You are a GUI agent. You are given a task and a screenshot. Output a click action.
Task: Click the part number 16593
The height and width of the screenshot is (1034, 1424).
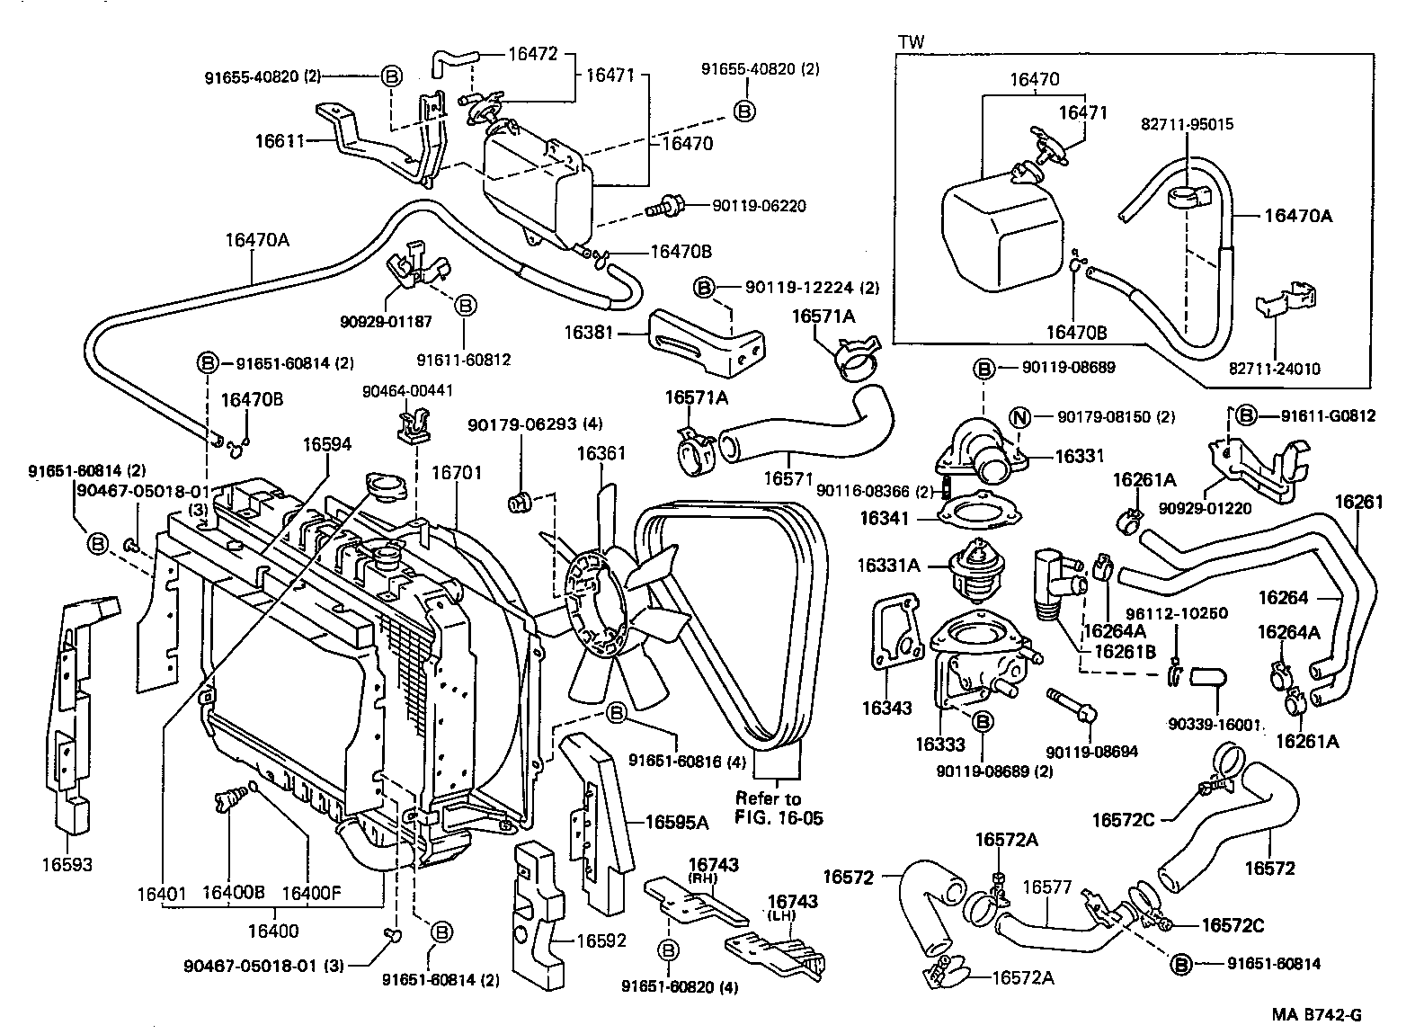click(x=67, y=865)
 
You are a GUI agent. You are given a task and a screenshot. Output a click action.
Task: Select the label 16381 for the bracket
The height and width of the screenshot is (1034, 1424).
click(x=589, y=333)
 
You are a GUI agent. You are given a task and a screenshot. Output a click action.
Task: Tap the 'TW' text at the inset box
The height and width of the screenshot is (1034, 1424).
click(x=911, y=41)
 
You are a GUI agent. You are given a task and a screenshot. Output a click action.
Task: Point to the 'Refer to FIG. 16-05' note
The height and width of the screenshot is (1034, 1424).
click(x=779, y=807)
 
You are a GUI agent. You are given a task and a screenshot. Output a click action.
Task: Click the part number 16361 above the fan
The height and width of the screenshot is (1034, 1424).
click(x=601, y=453)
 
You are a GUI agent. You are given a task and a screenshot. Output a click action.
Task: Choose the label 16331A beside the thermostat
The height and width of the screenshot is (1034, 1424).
click(x=888, y=566)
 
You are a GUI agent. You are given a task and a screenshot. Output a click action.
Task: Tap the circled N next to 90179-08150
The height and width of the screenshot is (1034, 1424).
click(x=1019, y=416)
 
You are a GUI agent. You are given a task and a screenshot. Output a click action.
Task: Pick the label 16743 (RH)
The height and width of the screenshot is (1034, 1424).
click(x=713, y=865)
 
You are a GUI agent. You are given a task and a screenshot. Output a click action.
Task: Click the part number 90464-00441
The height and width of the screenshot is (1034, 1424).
click(x=407, y=391)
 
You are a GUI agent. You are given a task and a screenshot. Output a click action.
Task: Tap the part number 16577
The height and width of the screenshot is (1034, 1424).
click(x=1048, y=887)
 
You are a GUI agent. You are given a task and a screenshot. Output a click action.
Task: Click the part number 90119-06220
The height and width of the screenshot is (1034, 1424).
click(x=759, y=206)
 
